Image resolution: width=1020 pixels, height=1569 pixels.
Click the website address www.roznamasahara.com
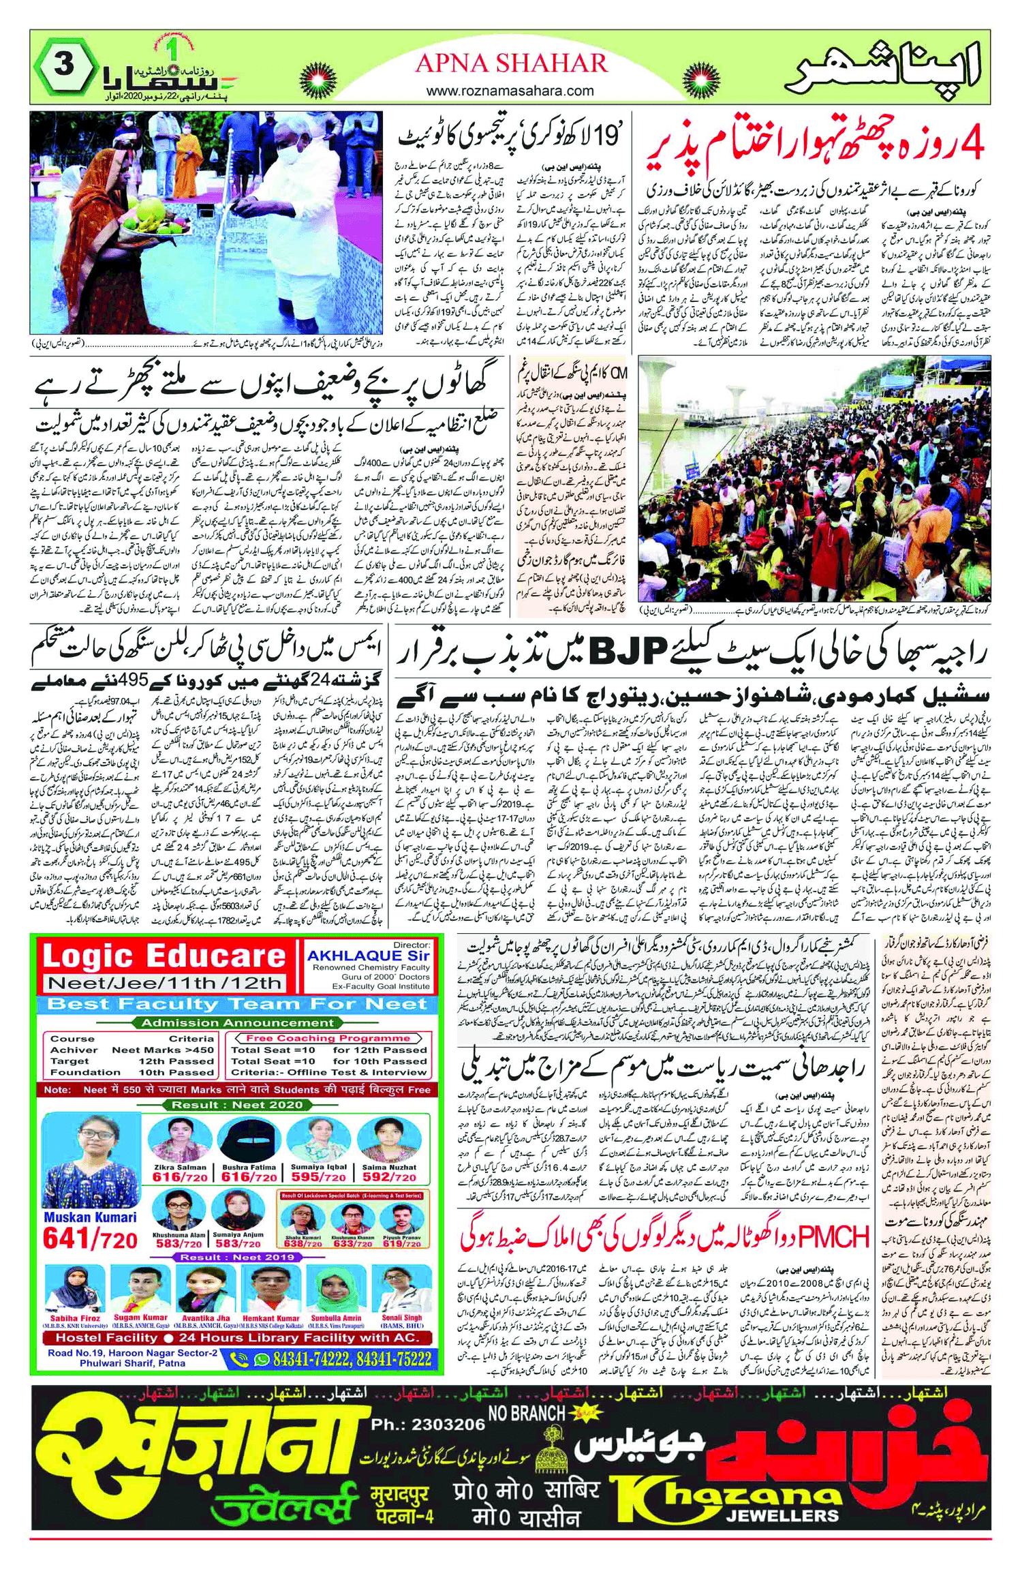510,91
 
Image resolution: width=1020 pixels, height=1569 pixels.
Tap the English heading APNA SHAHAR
510,63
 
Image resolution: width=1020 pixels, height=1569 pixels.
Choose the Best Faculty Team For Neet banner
238,1005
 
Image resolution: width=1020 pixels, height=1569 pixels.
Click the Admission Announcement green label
238,1022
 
